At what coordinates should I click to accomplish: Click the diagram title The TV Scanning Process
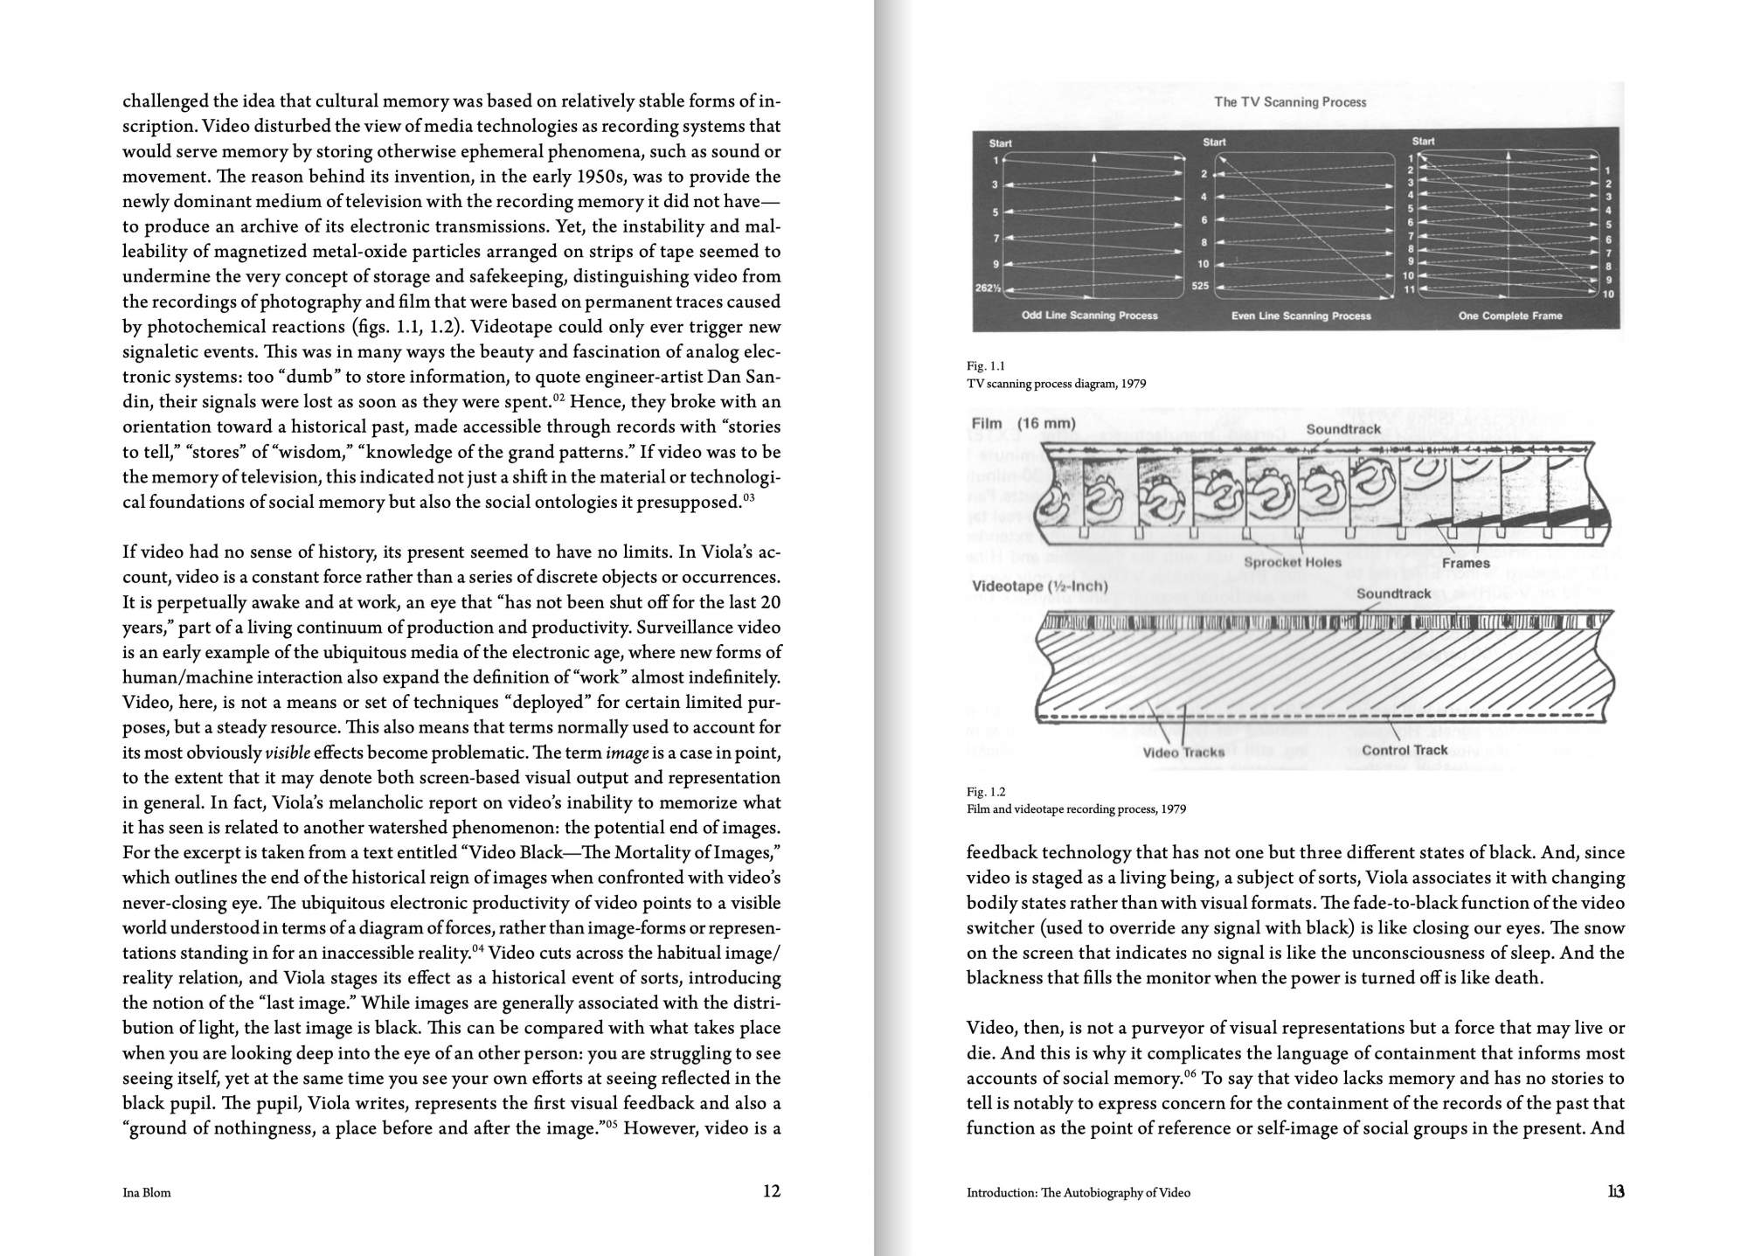pos(1289,102)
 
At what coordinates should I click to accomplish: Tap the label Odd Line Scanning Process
pos(1089,316)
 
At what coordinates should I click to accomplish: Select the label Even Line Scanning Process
pos(1301,316)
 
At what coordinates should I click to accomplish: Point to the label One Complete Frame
pos(1509,316)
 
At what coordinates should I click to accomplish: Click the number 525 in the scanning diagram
pos(1200,286)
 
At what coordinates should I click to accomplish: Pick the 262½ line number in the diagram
pos(988,288)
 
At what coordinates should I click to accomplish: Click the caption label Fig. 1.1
pos(985,366)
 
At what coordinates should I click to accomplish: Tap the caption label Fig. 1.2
pos(986,792)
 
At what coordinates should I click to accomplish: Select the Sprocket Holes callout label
pos(1292,563)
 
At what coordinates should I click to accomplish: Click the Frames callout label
pos(1466,564)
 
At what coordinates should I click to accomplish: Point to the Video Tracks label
pos(1183,752)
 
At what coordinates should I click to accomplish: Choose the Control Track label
pos(1405,750)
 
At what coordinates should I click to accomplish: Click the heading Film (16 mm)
pos(1023,424)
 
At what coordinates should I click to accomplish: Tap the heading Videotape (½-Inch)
pos(1039,586)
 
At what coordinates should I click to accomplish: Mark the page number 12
pos(771,1190)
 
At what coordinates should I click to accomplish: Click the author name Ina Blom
pos(147,1192)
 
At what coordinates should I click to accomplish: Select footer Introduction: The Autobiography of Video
pos(1078,1192)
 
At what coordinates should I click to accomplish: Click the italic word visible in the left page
pos(287,753)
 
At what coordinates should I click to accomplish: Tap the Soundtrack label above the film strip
pos(1342,429)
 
